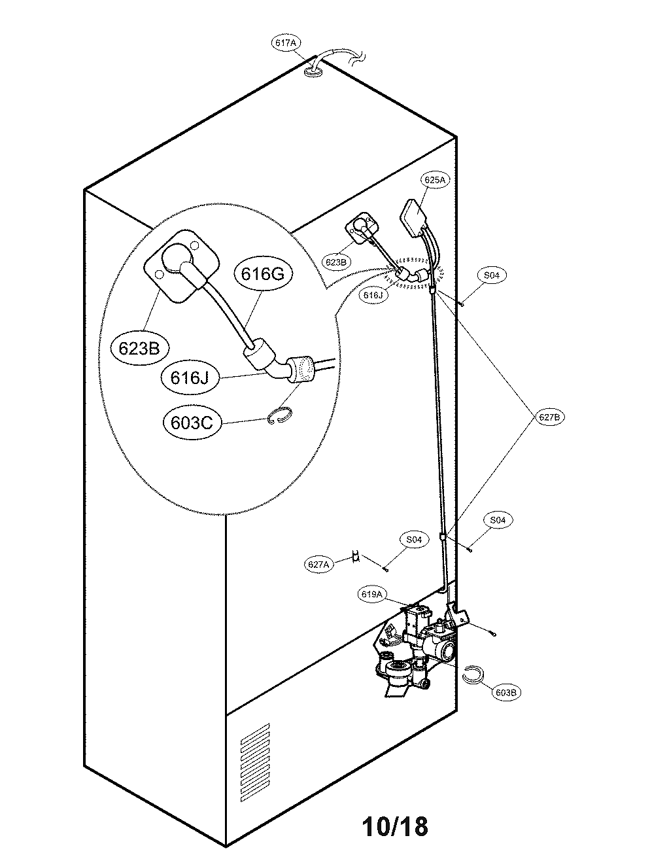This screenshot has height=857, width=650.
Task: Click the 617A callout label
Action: point(285,43)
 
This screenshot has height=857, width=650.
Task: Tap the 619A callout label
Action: point(371,594)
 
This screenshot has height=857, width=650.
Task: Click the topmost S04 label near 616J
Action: point(491,276)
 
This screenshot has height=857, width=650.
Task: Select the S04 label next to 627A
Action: point(413,540)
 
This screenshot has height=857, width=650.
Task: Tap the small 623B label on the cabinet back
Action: point(335,262)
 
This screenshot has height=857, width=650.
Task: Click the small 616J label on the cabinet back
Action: point(373,295)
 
